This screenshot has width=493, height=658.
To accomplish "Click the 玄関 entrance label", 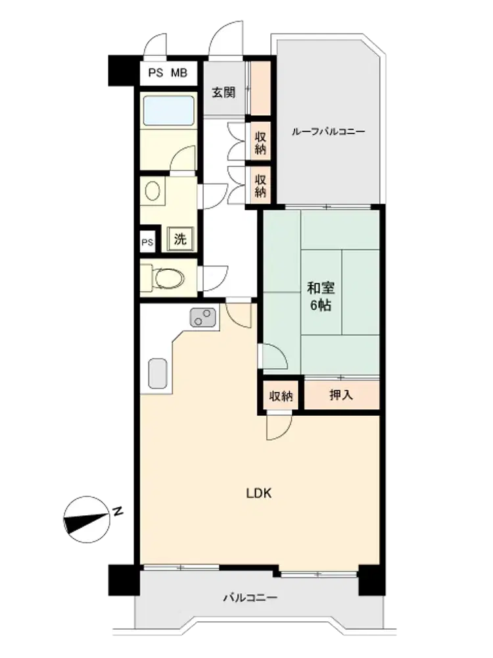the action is pyautogui.click(x=223, y=92).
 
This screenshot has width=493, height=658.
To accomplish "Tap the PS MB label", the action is pyautogui.click(x=168, y=73).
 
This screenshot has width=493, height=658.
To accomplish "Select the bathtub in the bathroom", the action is pyautogui.click(x=168, y=111).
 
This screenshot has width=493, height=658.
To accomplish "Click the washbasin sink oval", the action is pyautogui.click(x=153, y=191).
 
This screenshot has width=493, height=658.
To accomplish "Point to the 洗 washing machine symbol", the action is pyautogui.click(x=180, y=240).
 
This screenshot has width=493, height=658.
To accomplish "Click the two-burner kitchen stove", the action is pyautogui.click(x=203, y=317).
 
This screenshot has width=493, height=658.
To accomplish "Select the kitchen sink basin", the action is pyautogui.click(x=158, y=373).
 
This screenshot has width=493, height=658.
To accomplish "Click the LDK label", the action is pyautogui.click(x=258, y=493).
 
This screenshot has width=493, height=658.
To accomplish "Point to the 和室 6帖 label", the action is pyautogui.click(x=321, y=297).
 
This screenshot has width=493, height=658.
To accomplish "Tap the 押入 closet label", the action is pyautogui.click(x=341, y=395).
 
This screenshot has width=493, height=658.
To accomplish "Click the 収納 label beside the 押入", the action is pyautogui.click(x=281, y=395).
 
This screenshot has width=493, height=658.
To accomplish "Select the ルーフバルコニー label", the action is pyautogui.click(x=329, y=132).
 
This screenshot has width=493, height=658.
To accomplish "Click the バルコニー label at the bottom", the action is pyautogui.click(x=250, y=597).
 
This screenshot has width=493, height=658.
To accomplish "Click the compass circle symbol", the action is pyautogui.click(x=87, y=520).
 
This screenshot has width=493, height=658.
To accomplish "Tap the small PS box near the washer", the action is pyautogui.click(x=147, y=243).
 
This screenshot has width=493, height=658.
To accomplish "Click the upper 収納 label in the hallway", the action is pyautogui.click(x=260, y=143).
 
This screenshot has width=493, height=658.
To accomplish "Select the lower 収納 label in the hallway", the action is pyautogui.click(x=260, y=186).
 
